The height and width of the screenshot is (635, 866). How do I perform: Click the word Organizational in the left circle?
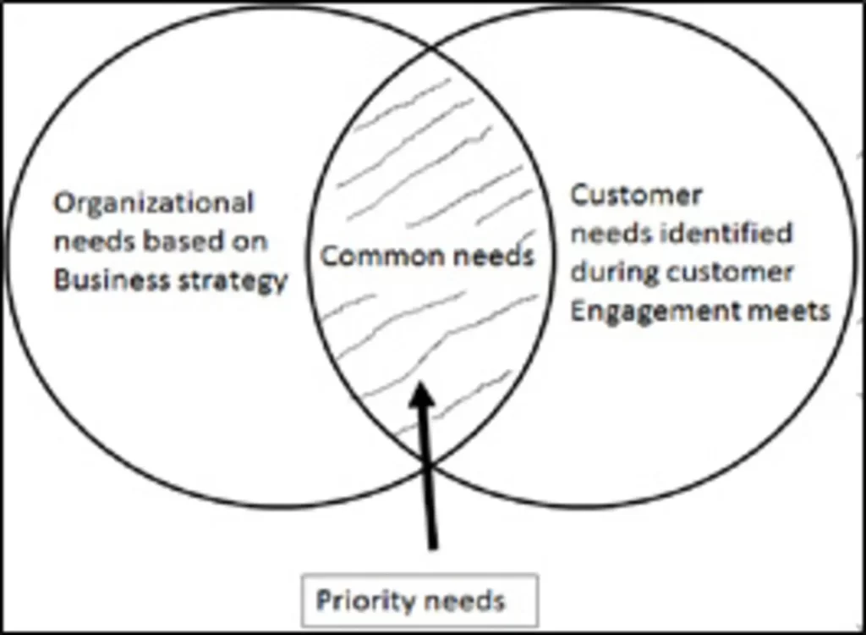154,204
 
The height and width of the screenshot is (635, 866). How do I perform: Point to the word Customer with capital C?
636,196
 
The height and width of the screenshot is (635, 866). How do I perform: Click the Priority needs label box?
419,600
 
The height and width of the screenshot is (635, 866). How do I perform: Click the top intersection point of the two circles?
433,47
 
